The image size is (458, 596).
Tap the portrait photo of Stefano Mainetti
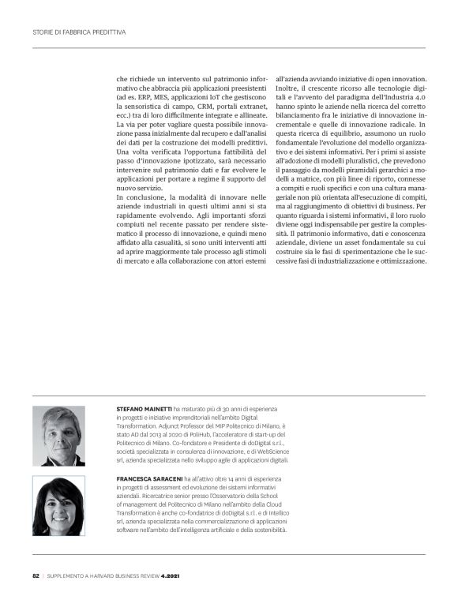click(x=58, y=436)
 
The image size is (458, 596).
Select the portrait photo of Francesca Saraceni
click(x=58, y=505)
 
